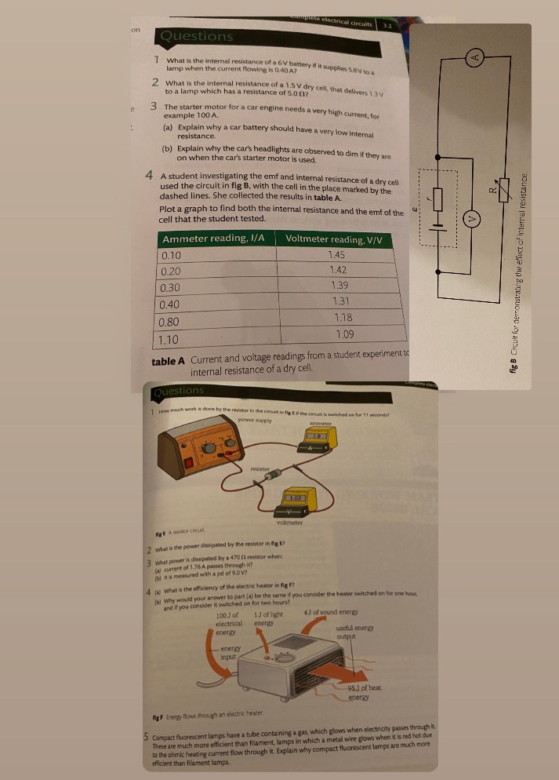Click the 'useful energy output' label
pos(354,634)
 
